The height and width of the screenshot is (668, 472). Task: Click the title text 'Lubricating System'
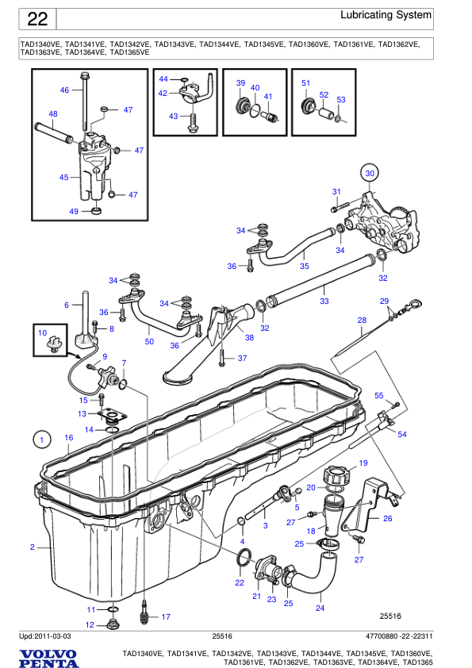386,15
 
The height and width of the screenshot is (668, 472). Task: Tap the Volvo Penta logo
48,657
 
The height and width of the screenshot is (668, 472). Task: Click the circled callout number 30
368,172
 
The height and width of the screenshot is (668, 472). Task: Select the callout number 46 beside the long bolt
65,90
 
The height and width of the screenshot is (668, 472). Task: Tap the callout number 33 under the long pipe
324,301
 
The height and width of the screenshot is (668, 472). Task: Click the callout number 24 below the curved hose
320,608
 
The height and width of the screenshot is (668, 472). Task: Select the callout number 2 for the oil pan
33,547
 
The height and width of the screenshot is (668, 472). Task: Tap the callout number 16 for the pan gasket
68,438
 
